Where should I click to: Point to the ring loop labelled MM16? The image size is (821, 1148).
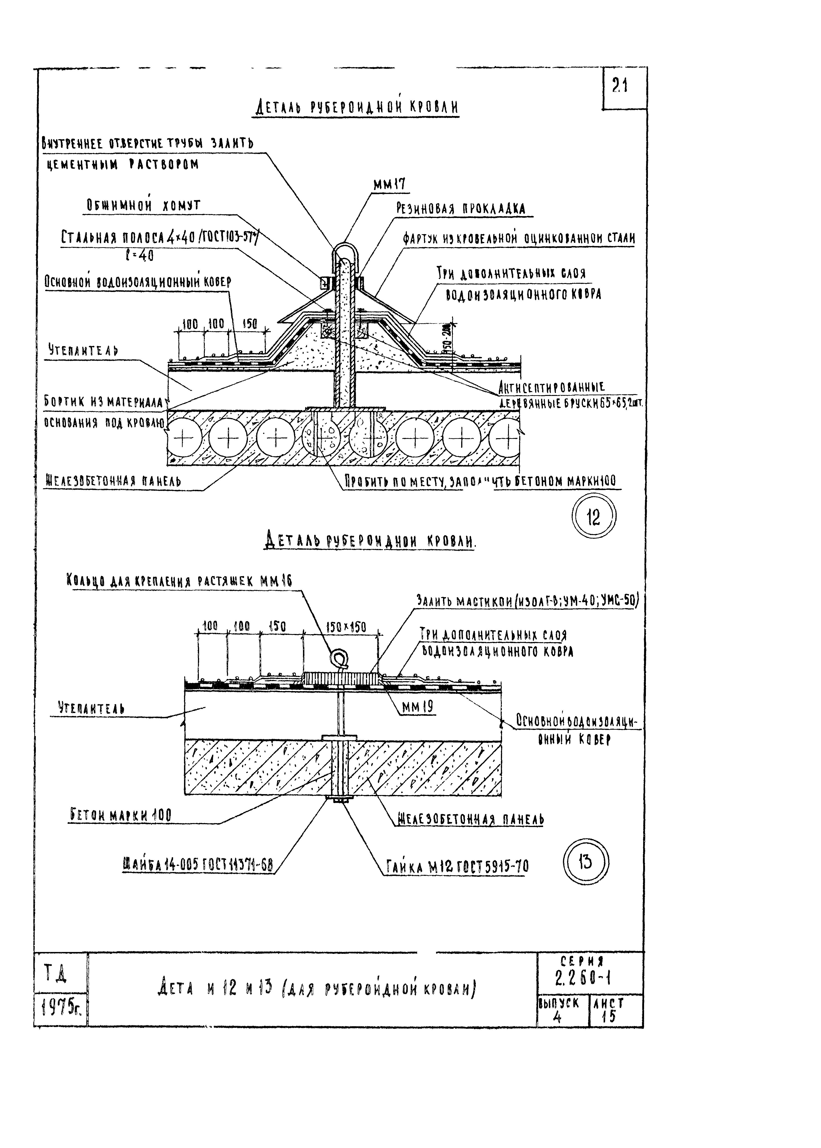pos(338,659)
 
